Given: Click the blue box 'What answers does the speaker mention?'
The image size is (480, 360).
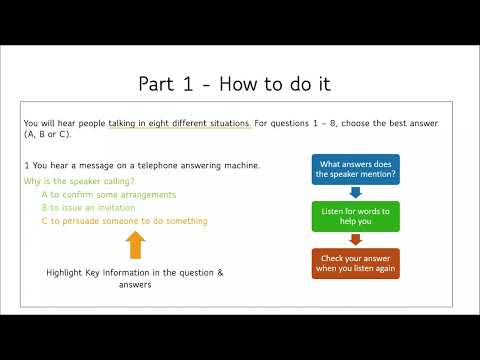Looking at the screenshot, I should [356, 168].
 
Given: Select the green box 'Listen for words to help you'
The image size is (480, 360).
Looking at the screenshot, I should [356, 215].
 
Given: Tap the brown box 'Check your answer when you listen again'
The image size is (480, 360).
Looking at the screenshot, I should [356, 262].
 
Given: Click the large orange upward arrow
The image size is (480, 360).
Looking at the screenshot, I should [136, 245].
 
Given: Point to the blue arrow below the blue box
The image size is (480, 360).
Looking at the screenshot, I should [356, 191].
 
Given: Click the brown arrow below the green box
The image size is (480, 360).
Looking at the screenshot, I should [356, 238].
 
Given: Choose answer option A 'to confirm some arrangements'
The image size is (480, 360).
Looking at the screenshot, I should [109, 194].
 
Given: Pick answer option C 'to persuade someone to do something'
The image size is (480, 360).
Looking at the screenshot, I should [124, 220].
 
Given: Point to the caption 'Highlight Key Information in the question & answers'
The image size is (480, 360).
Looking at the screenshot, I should [135, 278].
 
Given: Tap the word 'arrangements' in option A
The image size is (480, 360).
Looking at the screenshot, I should [148, 194].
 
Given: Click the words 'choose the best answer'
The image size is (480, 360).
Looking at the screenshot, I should [406, 123].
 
